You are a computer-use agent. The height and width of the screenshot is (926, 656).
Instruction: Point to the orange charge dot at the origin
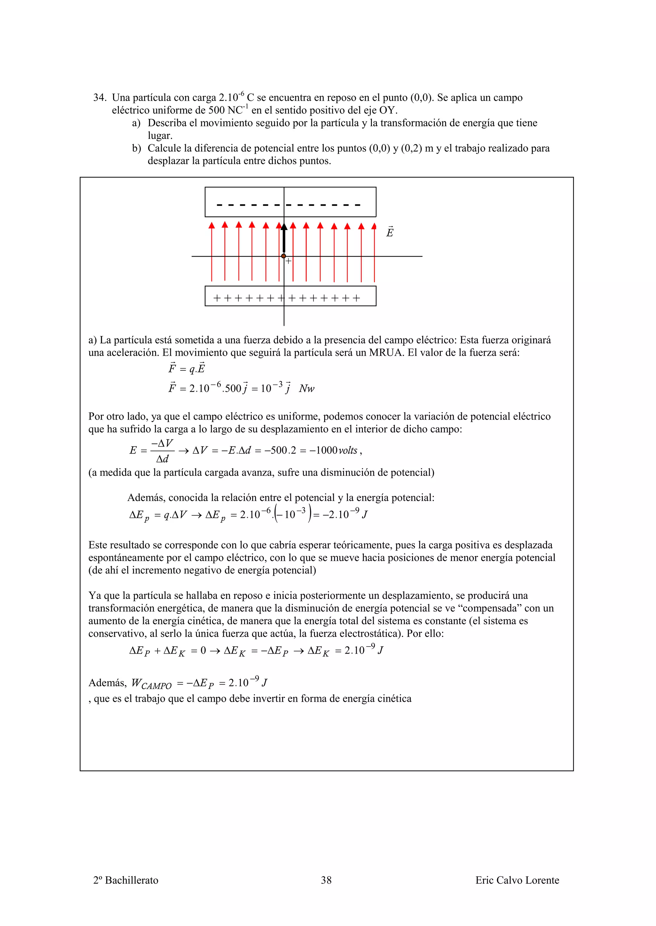click(283, 256)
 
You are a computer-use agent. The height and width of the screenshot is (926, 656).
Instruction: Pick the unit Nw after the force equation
click(307, 389)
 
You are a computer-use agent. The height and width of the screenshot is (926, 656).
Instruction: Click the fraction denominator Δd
click(162, 459)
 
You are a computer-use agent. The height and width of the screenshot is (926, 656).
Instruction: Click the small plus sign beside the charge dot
click(288, 261)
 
